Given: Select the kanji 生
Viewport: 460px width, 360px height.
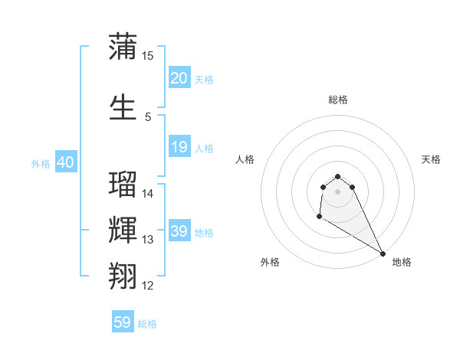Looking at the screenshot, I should (x=123, y=107).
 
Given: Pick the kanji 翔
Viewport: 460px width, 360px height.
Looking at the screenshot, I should (x=123, y=276).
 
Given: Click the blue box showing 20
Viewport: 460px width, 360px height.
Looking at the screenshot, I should (x=179, y=78).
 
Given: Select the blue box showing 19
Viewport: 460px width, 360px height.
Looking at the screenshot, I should (x=179, y=147).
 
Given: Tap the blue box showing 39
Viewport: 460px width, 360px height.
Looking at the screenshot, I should (x=179, y=231).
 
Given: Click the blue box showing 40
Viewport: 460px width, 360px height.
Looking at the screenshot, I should (x=66, y=162).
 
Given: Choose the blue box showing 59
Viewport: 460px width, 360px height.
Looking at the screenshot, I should (x=123, y=322).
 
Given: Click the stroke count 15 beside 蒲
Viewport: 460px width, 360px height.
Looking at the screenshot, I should (x=148, y=56).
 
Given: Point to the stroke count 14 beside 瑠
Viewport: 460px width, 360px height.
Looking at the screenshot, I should (x=148, y=194).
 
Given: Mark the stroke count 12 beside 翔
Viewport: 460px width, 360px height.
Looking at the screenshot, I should (x=148, y=286).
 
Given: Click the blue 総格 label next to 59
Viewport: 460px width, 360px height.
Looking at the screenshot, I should (x=147, y=324).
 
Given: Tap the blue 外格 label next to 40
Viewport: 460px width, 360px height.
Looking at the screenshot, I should (x=41, y=164).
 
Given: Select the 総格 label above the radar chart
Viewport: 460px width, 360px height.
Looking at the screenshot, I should (x=337, y=100).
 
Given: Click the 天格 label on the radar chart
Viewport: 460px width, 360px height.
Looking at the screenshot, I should (x=432, y=159).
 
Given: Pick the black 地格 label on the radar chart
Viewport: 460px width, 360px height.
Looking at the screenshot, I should (x=402, y=262).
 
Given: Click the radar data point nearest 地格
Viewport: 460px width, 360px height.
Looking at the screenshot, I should (x=383, y=254).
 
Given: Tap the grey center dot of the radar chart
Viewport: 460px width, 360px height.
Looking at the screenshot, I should (x=337, y=191).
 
